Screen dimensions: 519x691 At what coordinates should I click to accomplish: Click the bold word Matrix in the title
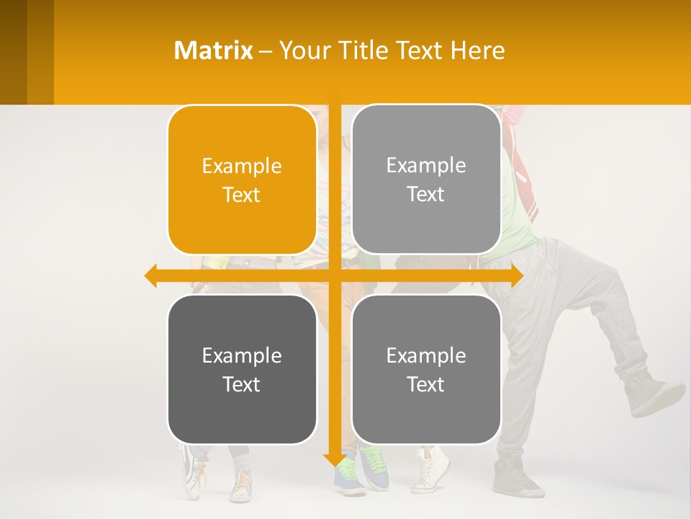213,50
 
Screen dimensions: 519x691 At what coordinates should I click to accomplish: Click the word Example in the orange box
242,167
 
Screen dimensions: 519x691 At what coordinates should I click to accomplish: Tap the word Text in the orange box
242,195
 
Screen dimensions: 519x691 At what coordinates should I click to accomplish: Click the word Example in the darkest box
242,355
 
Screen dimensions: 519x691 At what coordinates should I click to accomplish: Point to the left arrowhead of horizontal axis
150,276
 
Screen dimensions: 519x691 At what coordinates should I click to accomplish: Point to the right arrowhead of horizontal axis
517,276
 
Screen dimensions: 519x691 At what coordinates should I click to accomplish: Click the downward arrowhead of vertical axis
334,459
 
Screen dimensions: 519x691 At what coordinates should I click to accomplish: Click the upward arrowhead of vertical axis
334,94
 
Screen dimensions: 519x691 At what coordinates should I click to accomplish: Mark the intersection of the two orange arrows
334,276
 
